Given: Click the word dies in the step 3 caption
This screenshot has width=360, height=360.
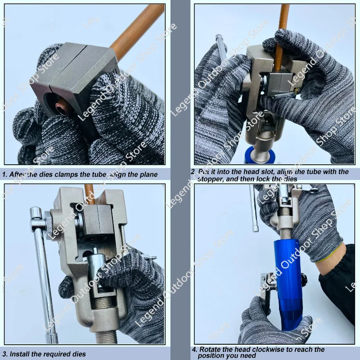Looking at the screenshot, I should coord(77,354).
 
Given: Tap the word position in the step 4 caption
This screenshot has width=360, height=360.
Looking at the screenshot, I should coord(211,355).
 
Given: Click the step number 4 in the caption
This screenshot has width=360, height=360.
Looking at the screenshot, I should coord(194,349).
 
